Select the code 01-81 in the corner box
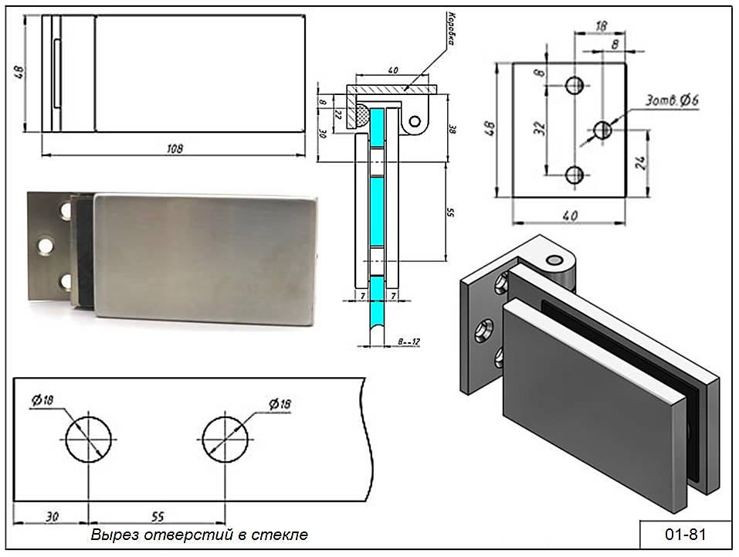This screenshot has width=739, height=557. (674, 535)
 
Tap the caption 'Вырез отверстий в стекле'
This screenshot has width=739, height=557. (199, 535)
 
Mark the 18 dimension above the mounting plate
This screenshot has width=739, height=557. (602, 25)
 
